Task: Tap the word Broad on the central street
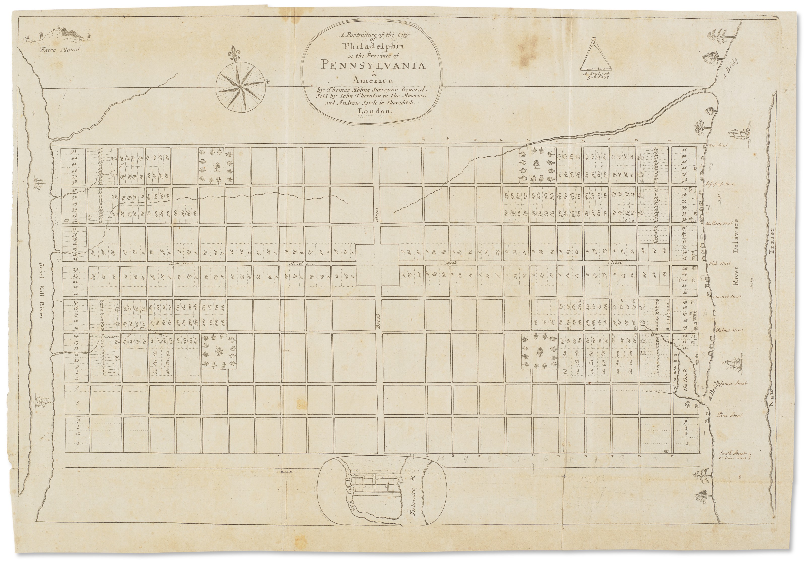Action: pos(378,320)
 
